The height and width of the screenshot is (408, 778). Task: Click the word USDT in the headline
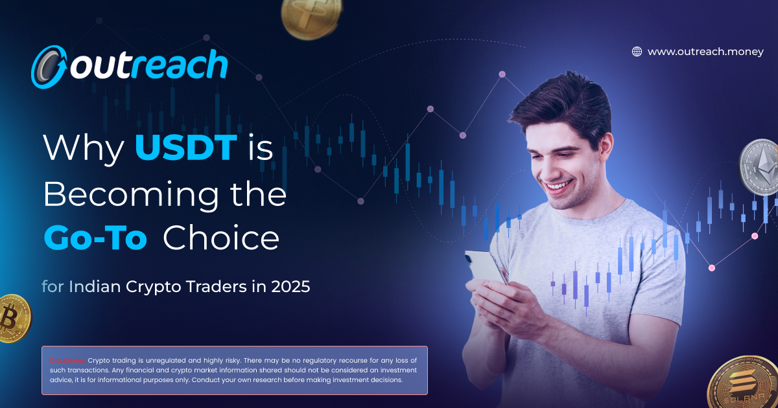[x=185, y=148]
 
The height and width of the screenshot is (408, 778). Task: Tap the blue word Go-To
[x=95, y=239]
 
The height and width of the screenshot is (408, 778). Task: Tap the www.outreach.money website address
[x=705, y=52]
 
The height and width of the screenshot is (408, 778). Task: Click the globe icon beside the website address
[x=637, y=52]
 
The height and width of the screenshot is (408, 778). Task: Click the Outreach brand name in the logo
[x=149, y=66]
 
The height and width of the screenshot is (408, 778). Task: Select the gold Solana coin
[x=746, y=383]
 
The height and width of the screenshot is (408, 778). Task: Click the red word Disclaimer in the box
[x=67, y=360]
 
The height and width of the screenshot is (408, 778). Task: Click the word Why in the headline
[x=83, y=148]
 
